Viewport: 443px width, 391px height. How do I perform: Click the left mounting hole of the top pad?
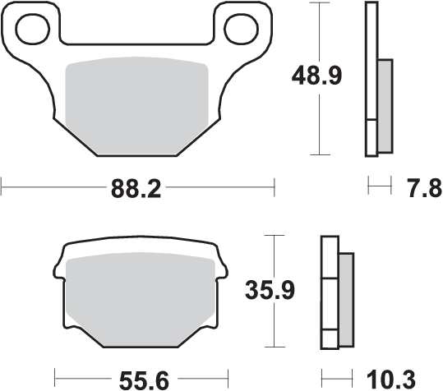pyautogui.click(x=33, y=29)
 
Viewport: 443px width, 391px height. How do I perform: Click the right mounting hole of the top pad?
pyautogui.click(x=241, y=29)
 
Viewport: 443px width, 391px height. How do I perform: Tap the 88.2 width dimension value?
pyautogui.click(x=136, y=189)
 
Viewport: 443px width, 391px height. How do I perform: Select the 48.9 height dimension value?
pyautogui.click(x=316, y=76)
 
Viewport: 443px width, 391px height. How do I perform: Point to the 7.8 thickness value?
pyautogui.click(x=424, y=188)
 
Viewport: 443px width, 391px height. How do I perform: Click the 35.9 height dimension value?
pyautogui.click(x=270, y=290)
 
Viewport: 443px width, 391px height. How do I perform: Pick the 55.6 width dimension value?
pyautogui.click(x=144, y=380)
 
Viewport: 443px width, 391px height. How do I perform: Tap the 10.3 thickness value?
pyautogui.click(x=391, y=379)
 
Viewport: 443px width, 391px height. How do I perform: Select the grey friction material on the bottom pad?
pyautogui.click(x=141, y=298)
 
